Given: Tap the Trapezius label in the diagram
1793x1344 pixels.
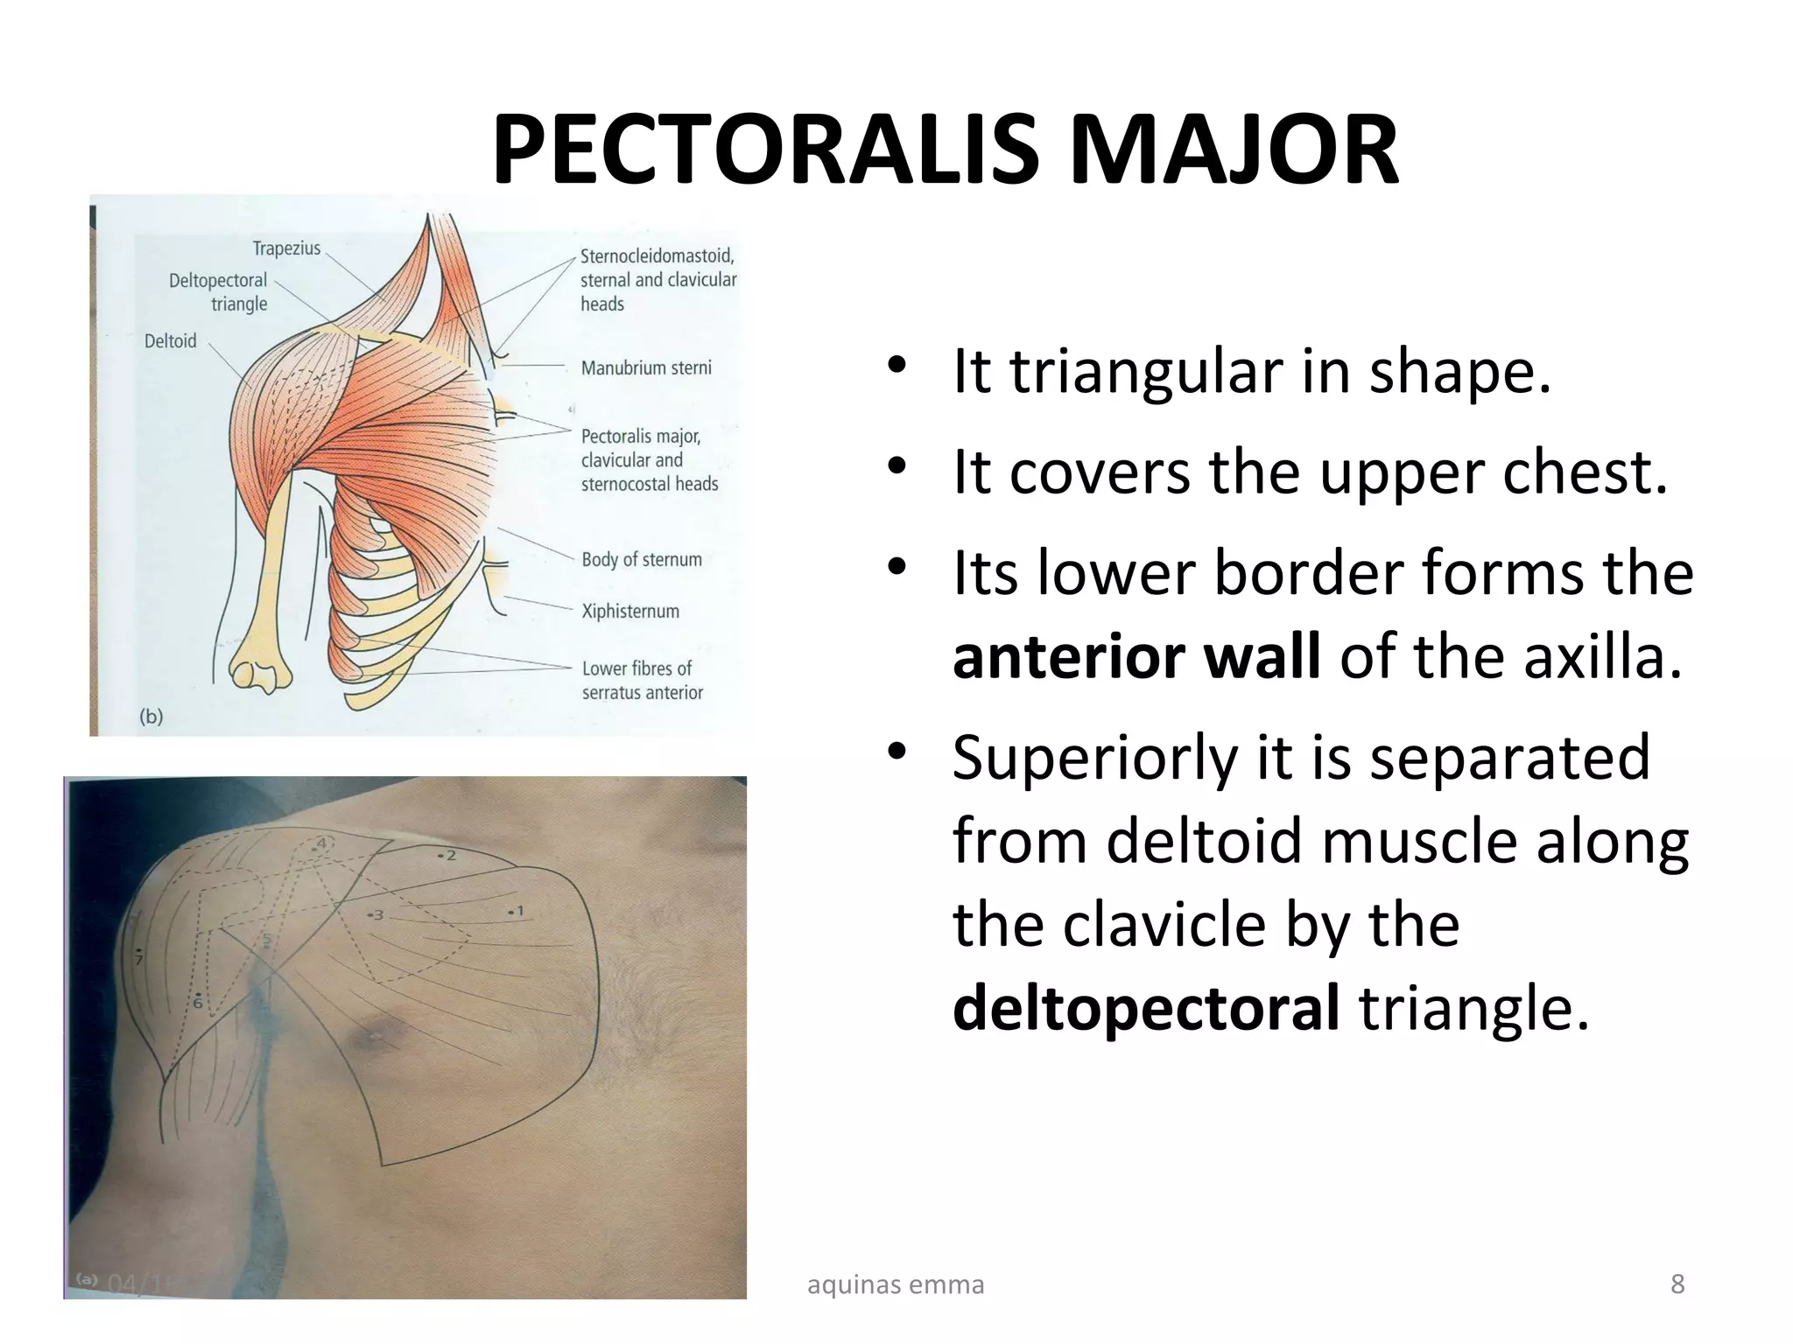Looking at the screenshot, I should pyautogui.click(x=286, y=248).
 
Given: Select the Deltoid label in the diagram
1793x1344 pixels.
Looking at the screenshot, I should pyautogui.click(x=170, y=341).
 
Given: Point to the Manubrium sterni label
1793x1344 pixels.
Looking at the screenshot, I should pyautogui.click(x=646, y=368).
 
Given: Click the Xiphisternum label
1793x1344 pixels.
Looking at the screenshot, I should pyautogui.click(x=630, y=611).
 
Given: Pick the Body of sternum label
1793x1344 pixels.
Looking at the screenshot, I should pyautogui.click(x=642, y=559).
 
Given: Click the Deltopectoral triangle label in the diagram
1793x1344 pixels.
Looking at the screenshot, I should pyautogui.click(x=219, y=292).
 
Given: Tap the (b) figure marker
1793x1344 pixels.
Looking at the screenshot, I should pyautogui.click(x=151, y=717).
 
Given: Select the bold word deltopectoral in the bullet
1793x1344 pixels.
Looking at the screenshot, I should pyautogui.click(x=1145, y=1008).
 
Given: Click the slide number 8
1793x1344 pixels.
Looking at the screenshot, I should pyautogui.click(x=1677, y=1284).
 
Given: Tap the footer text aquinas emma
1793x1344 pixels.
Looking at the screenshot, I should pyautogui.click(x=895, y=1284).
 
